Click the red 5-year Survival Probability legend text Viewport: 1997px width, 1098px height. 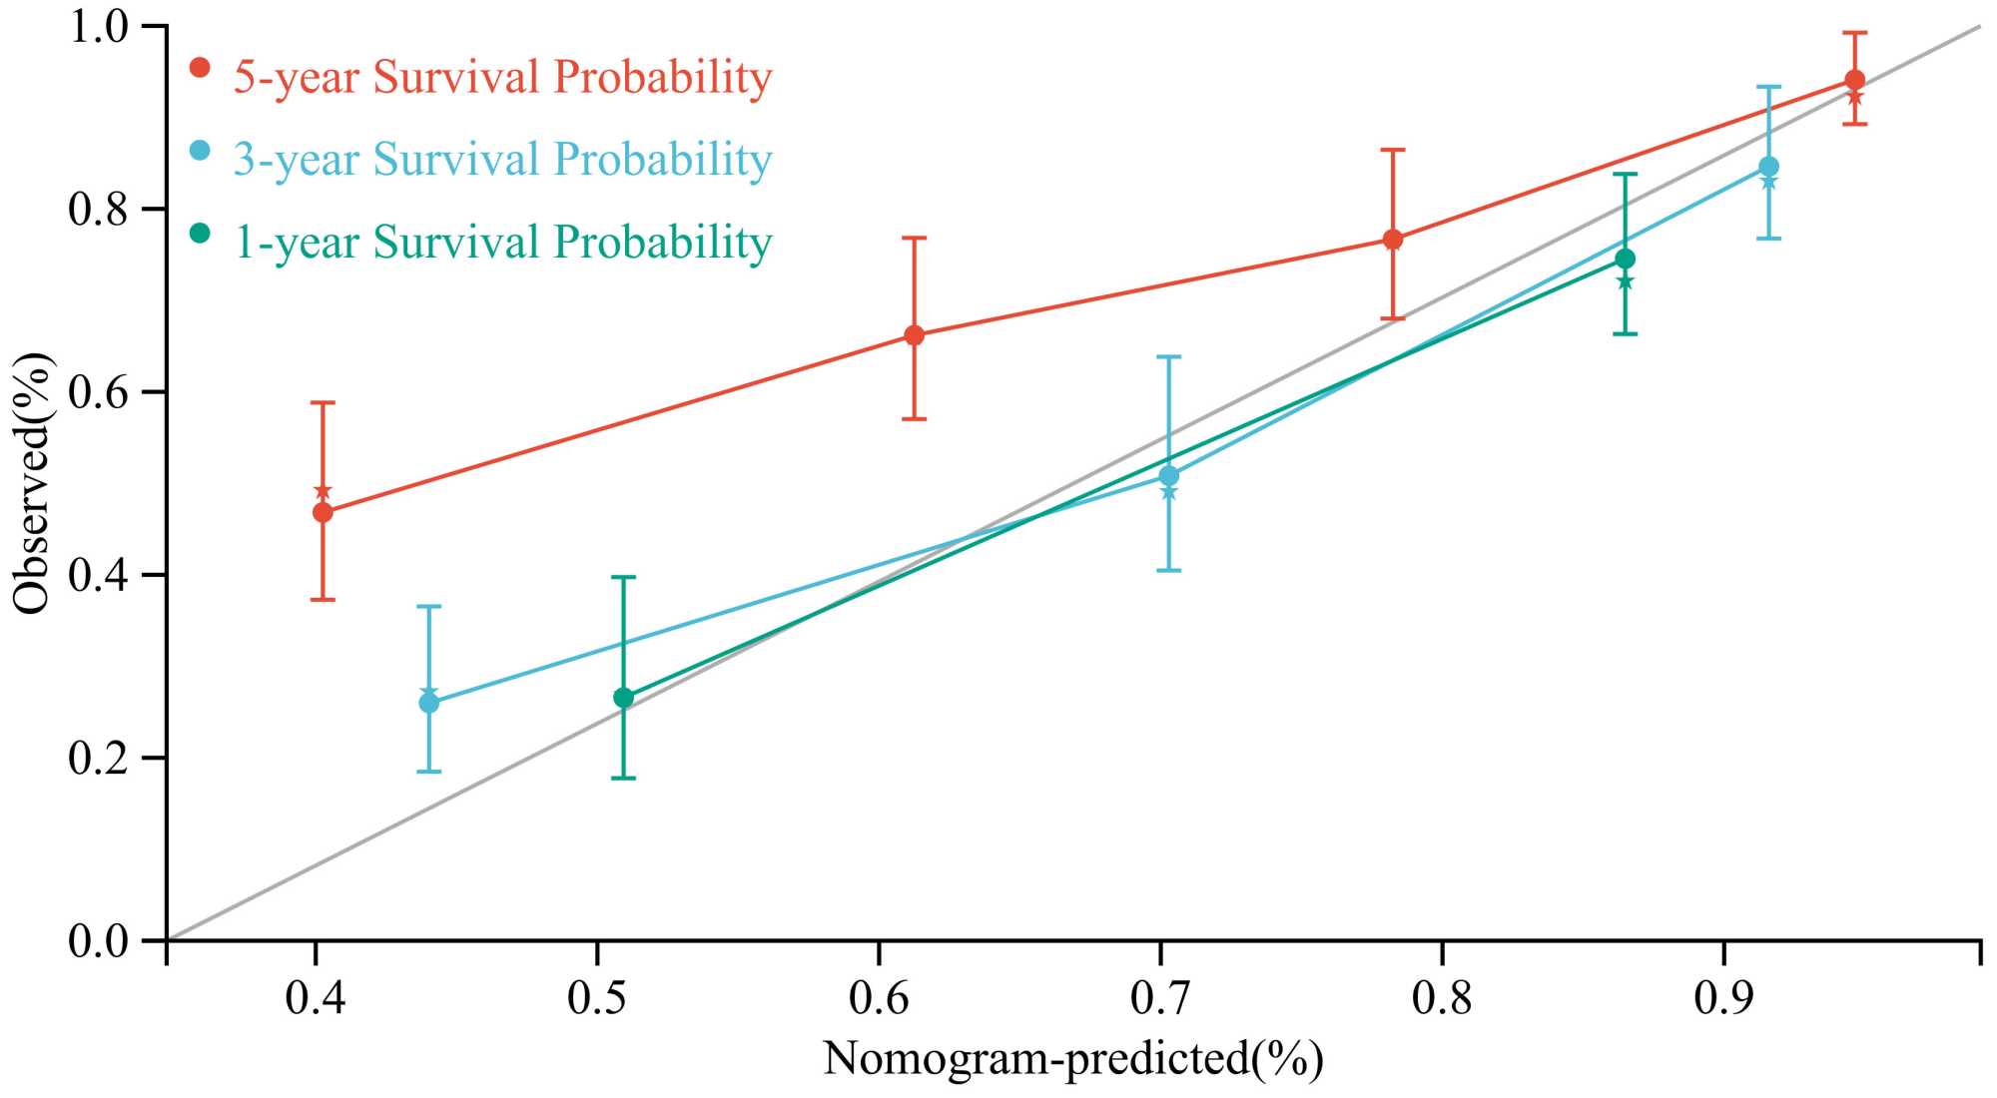(x=502, y=77)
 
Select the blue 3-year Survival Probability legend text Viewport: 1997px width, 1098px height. (x=502, y=159)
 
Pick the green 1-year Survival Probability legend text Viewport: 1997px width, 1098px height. (x=502, y=242)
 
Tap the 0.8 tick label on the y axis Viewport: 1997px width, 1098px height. (x=100, y=209)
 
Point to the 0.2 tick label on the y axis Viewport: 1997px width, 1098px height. (x=100, y=759)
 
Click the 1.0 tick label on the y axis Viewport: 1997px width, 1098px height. (x=100, y=27)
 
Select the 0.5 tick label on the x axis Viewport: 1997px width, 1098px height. (x=597, y=997)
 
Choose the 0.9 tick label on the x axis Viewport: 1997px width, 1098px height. (x=1724, y=997)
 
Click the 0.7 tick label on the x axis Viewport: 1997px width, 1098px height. (x=1160, y=997)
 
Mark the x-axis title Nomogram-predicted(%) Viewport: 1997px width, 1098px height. (x=1073, y=1058)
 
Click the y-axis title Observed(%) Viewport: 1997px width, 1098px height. (x=32, y=483)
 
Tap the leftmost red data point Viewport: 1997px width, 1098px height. (x=323, y=512)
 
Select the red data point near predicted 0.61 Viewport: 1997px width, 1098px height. (x=914, y=334)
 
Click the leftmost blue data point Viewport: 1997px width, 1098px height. (x=429, y=703)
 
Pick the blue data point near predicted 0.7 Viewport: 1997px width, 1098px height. (x=1168, y=476)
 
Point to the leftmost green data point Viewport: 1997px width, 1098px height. (x=623, y=698)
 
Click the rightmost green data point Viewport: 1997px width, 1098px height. (x=1625, y=259)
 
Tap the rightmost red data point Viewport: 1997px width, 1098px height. (x=1854, y=80)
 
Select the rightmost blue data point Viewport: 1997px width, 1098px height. (x=1768, y=166)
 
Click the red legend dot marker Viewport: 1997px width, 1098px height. (x=201, y=68)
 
